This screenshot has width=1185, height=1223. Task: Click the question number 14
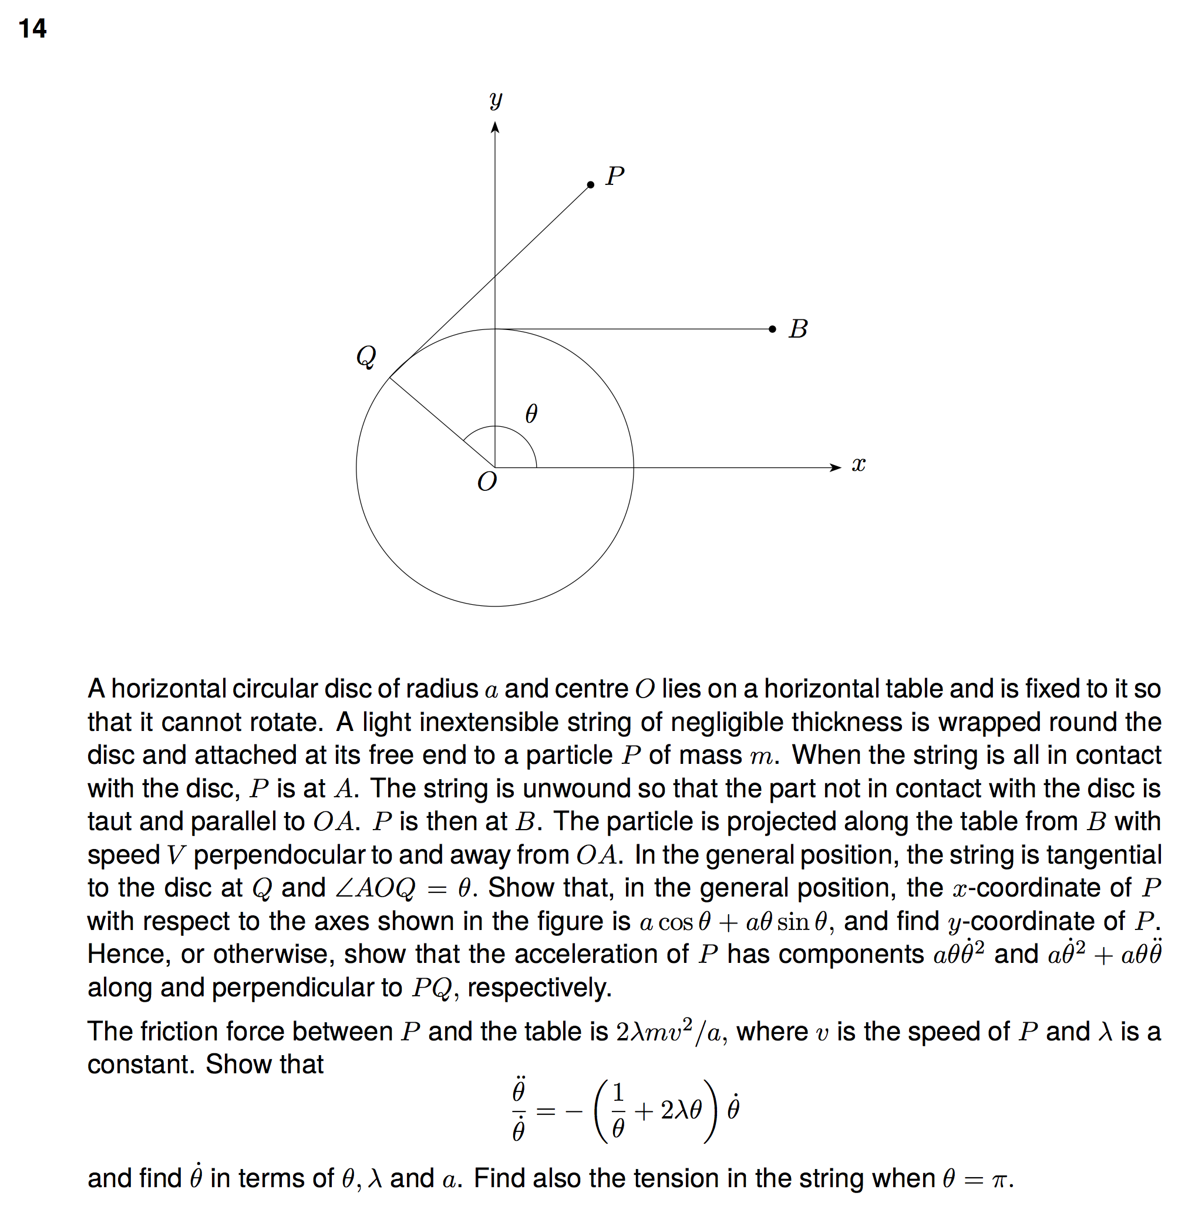point(32,29)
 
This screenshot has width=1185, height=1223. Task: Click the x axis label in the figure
point(859,465)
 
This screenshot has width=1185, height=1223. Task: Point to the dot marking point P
point(590,185)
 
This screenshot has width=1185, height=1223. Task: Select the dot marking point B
point(772,329)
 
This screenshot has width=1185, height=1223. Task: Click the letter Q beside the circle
point(366,357)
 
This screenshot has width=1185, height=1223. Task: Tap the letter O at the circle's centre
point(487,481)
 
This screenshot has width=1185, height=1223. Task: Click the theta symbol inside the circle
point(531,413)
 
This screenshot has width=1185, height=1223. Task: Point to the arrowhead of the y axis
point(495,127)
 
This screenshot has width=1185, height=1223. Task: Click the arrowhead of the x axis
point(836,467)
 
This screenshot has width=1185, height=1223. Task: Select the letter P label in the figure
point(615,176)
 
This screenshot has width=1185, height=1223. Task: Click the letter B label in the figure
point(798,329)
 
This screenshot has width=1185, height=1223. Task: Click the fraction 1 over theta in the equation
point(618,1111)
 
